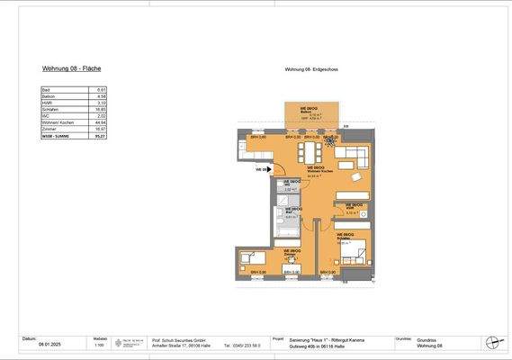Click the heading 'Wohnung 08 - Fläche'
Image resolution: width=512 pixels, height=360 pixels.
71,68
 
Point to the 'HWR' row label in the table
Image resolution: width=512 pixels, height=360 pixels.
47,103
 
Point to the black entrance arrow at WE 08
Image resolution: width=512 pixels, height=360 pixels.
268,169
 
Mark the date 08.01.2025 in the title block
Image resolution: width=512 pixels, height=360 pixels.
51,345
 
